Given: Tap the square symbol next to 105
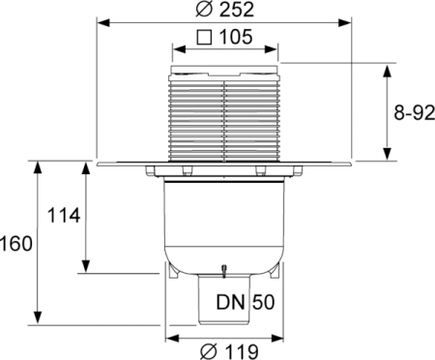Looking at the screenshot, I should click(204, 39).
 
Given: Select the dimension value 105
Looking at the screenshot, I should click(235, 39).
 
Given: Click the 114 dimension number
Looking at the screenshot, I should click(61, 214).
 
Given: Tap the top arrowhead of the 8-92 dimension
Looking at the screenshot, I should click(388, 68).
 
